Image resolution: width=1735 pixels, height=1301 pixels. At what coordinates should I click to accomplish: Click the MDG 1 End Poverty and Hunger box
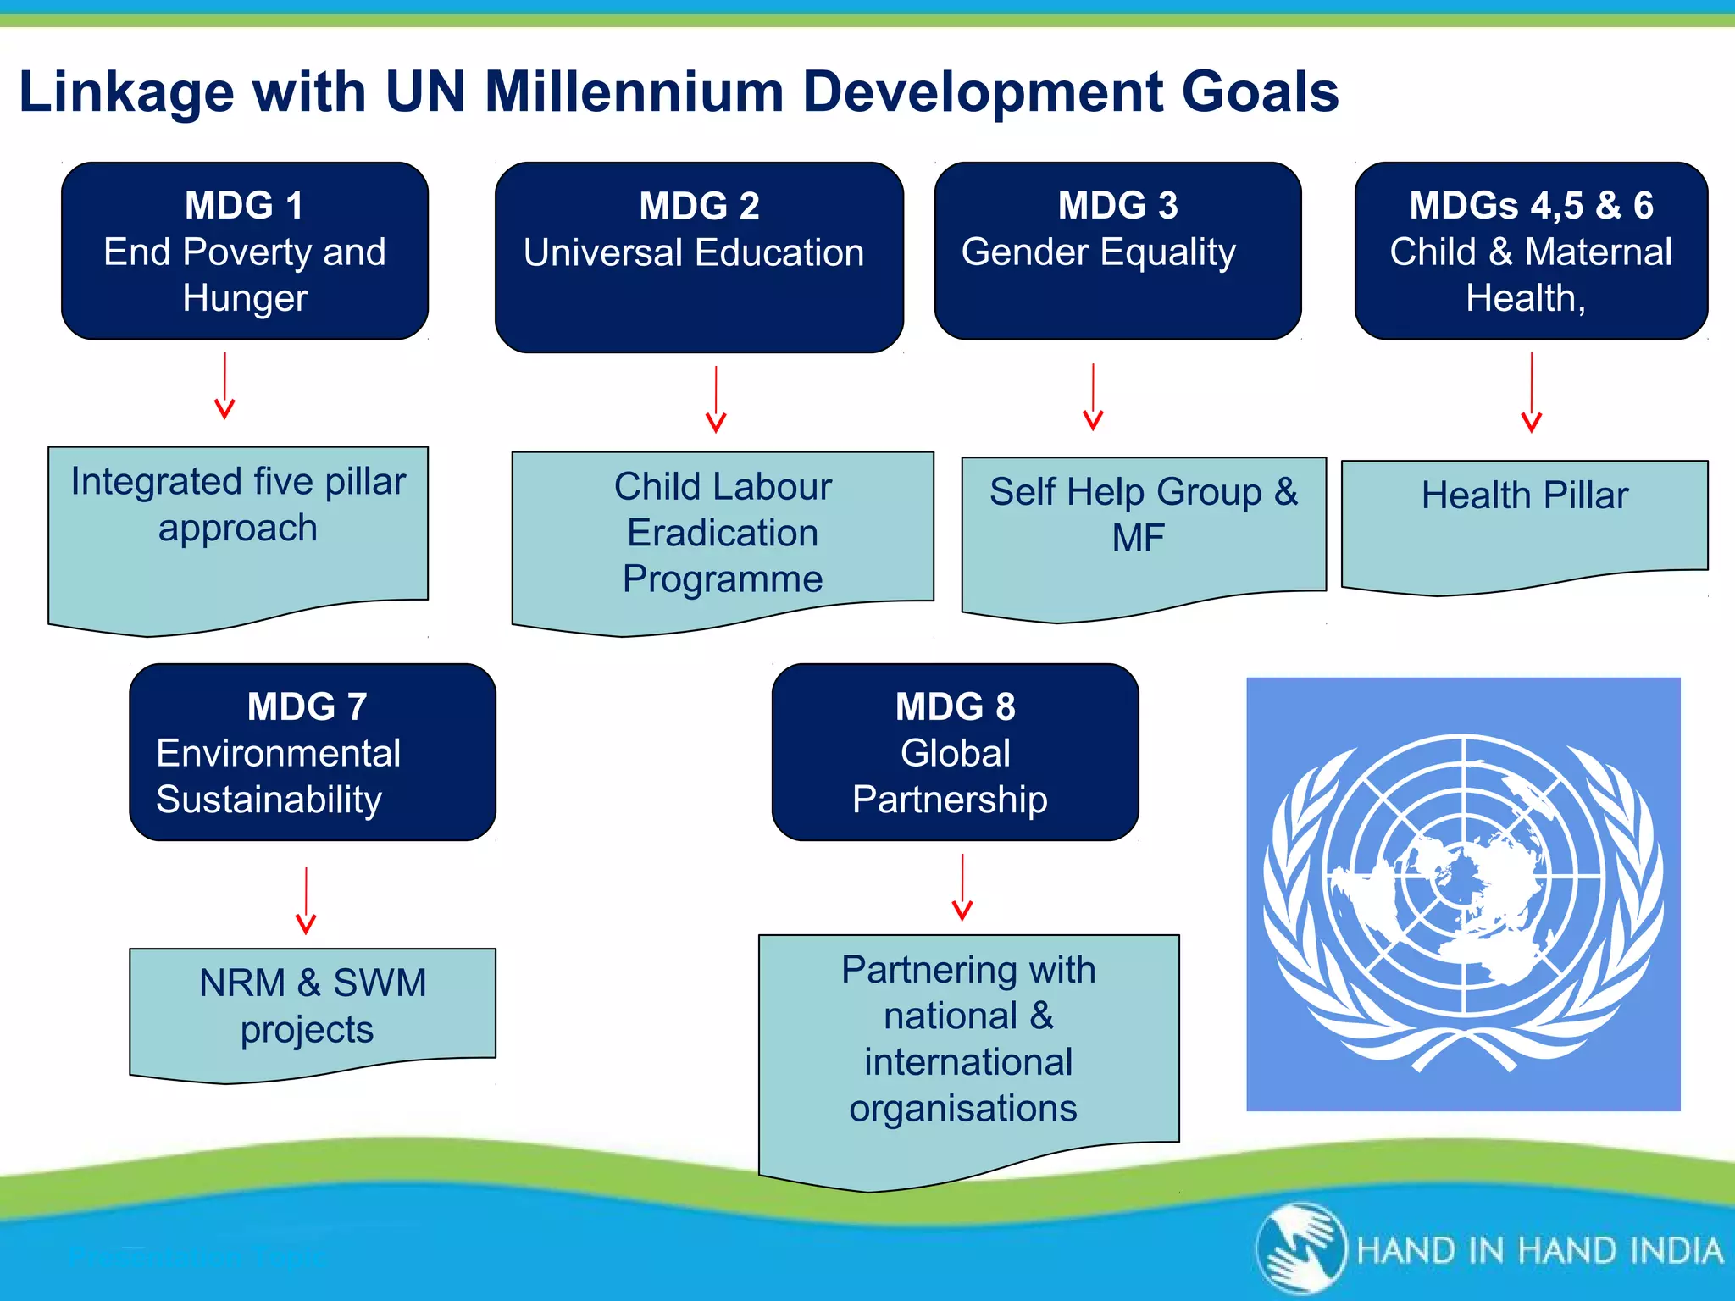244,251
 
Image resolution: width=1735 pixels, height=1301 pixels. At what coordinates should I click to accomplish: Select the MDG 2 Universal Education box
699,257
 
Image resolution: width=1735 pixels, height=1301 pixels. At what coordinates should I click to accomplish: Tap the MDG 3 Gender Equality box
1117,251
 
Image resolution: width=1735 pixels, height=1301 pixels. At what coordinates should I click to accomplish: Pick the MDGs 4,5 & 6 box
1531,251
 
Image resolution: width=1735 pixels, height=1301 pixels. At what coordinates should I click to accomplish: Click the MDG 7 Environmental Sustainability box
312,752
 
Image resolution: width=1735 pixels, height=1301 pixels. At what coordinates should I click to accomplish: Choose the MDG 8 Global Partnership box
955,752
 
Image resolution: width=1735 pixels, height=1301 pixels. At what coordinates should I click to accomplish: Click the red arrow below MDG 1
224,386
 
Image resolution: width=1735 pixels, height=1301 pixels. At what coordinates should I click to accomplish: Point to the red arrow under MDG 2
716,399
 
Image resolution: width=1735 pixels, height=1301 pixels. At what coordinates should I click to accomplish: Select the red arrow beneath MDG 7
306,900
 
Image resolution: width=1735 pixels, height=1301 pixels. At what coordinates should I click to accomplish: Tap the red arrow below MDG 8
962,887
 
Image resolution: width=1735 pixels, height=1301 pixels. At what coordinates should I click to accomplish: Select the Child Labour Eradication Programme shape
723,534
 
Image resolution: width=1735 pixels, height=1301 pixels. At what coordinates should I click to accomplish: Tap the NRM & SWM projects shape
312,1007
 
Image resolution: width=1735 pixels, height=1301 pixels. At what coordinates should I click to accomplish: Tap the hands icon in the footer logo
1301,1249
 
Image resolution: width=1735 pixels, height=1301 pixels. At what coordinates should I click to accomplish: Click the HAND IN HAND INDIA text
1539,1251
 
